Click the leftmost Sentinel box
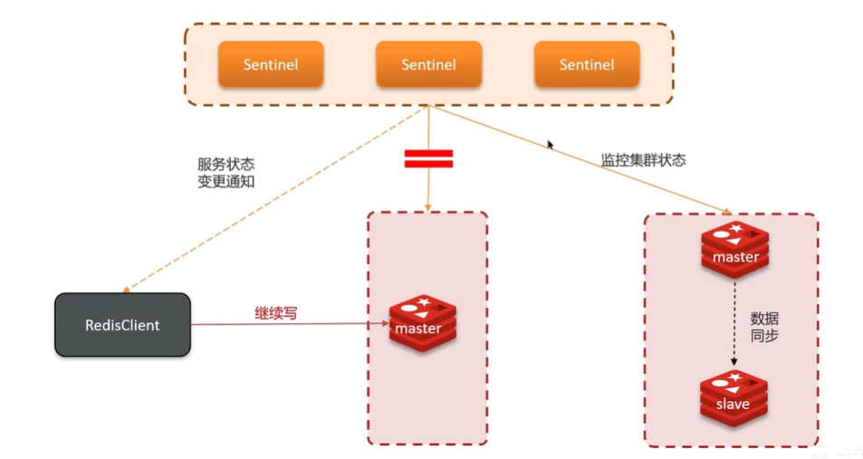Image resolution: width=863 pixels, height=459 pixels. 270,64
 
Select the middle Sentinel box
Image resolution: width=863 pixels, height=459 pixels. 428,64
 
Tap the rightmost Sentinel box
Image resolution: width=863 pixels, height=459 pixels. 586,64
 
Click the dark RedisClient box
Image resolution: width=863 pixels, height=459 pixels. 122,324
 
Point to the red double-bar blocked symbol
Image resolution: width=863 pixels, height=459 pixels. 428,159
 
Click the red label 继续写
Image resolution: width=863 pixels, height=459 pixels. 275,313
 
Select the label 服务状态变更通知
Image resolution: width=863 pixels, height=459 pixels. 225,173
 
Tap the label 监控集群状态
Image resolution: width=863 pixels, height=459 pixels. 643,160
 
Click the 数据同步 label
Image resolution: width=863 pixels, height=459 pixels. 764,327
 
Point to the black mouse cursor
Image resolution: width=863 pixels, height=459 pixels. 550,144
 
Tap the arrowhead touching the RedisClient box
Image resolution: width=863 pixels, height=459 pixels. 126,287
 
